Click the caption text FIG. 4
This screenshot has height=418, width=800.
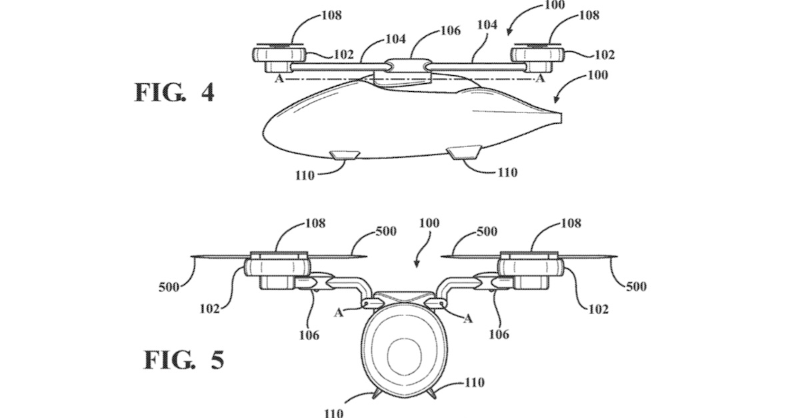click(x=175, y=93)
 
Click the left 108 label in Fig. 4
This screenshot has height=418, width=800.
click(x=333, y=15)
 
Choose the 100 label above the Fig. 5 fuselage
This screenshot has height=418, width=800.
click(x=428, y=224)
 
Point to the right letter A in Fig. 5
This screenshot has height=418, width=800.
click(x=468, y=318)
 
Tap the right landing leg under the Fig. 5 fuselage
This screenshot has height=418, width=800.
click(x=431, y=394)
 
